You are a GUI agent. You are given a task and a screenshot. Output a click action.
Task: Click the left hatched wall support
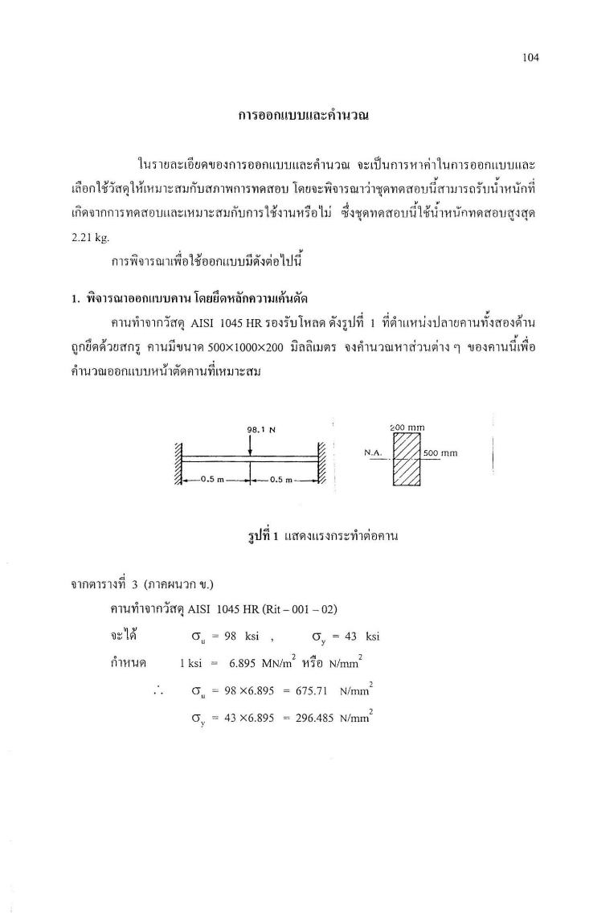pyautogui.click(x=178, y=464)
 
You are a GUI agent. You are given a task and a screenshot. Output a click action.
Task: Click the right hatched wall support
pyautogui.click(x=322, y=464)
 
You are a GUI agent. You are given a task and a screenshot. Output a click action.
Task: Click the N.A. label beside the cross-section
pyautogui.click(x=372, y=452)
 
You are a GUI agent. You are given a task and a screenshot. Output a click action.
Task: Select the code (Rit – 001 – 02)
pyautogui.click(x=296, y=608)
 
